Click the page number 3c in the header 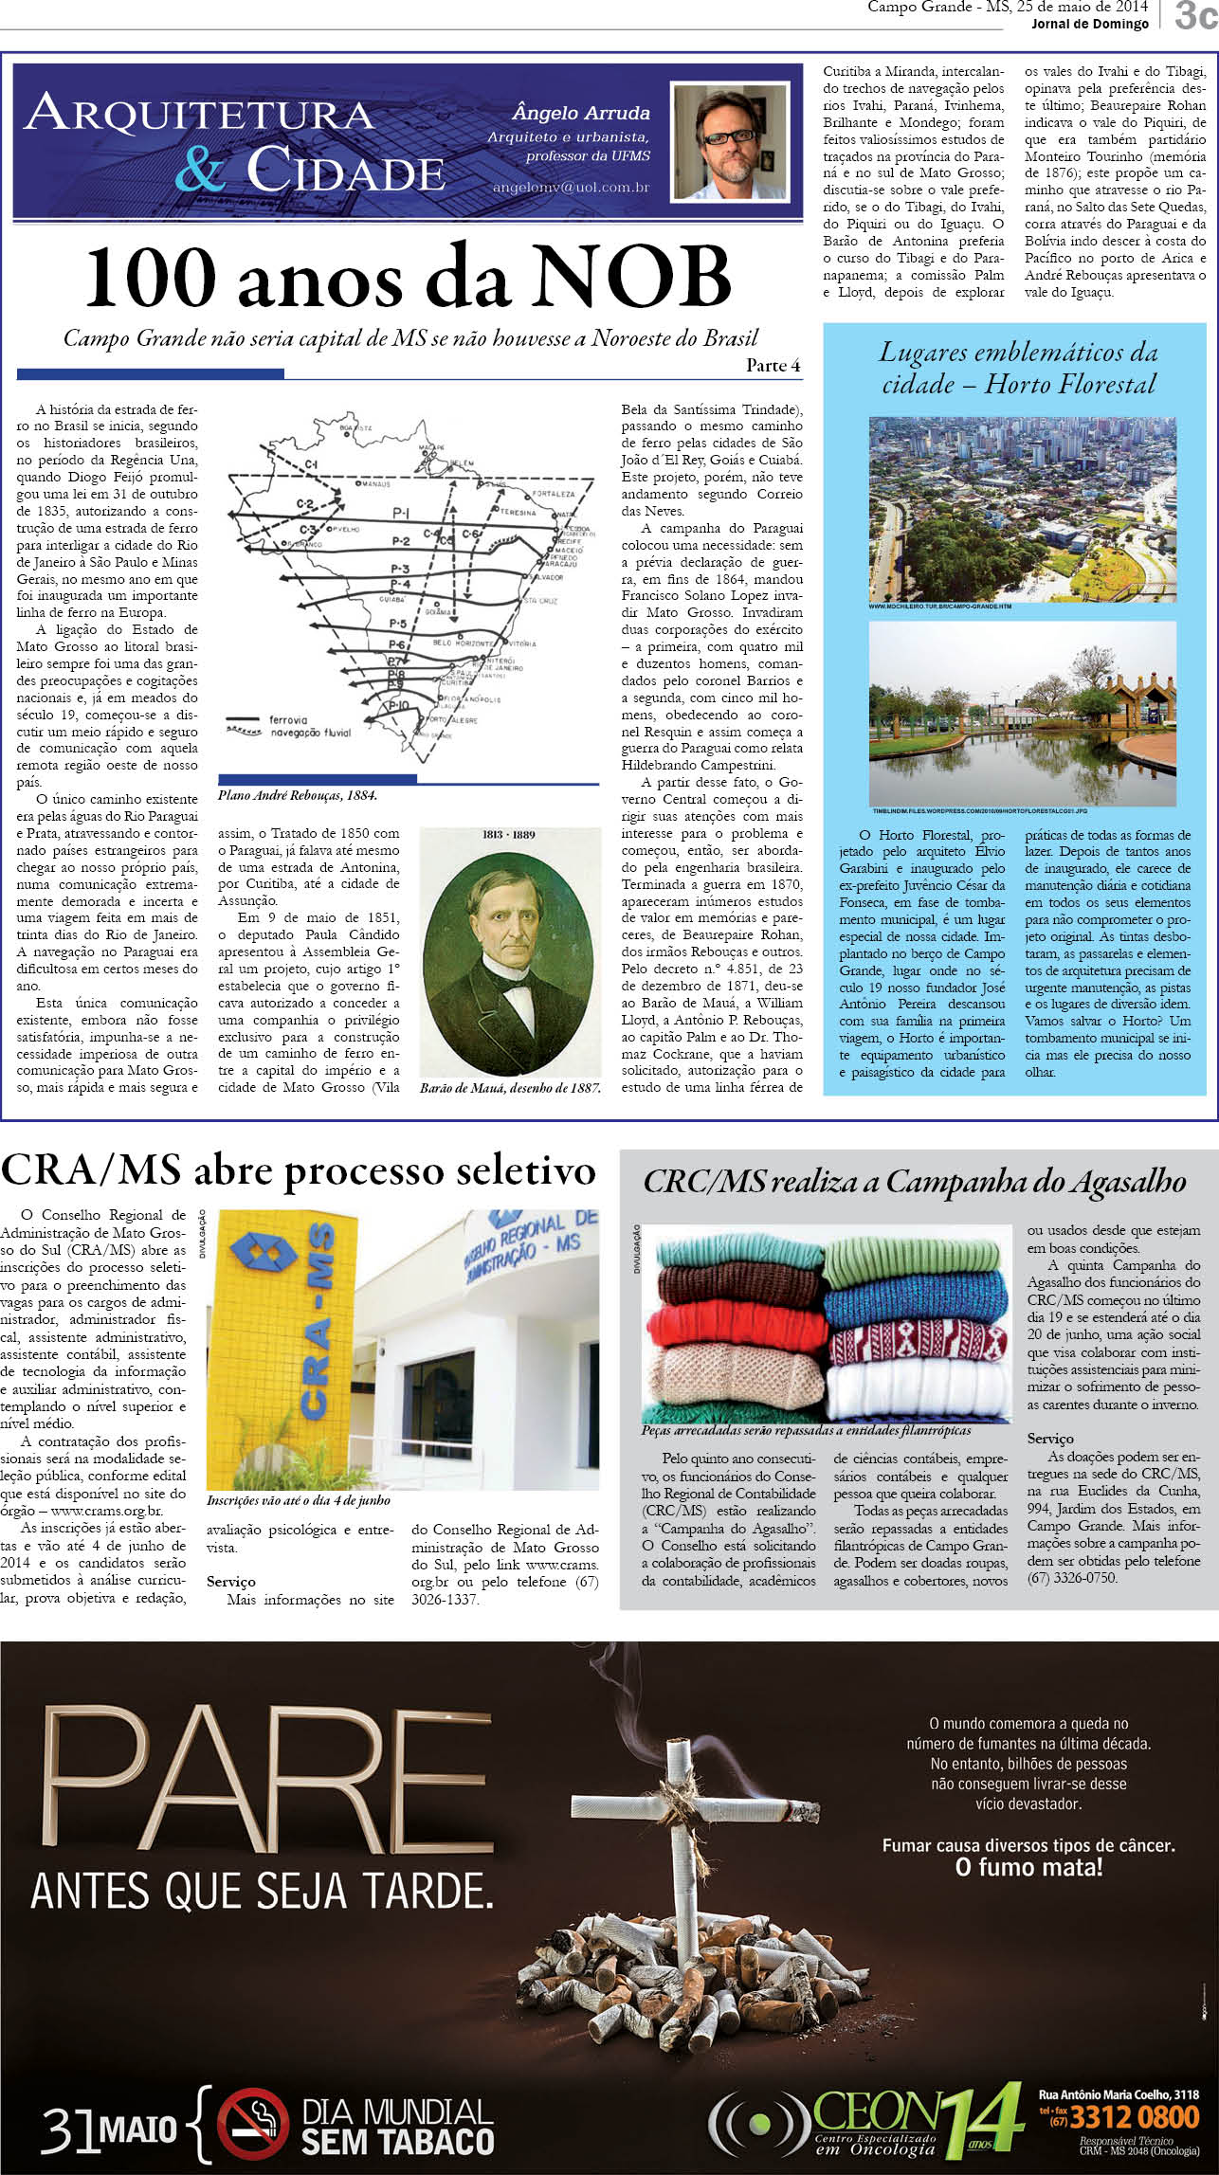coord(1195,16)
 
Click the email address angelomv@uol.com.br coord(571,188)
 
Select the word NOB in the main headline coord(630,278)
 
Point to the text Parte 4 coord(773,366)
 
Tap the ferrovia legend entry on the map coord(288,719)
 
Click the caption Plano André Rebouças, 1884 coord(297,796)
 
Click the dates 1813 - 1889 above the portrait coord(509,835)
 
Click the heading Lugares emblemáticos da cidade coord(1018,368)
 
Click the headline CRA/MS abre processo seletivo coord(298,1171)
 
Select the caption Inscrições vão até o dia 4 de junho coord(299,1500)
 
